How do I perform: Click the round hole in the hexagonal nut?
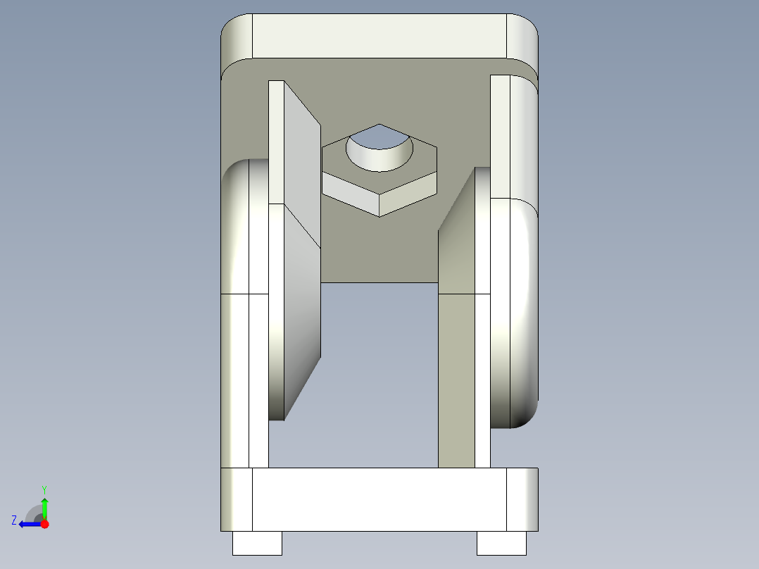point(379,149)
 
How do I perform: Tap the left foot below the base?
point(257,543)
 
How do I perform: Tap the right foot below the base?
point(501,543)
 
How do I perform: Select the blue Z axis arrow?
point(30,524)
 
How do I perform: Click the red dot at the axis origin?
point(44,524)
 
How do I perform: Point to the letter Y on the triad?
point(44,489)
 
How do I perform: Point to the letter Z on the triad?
point(14,520)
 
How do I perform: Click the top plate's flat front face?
point(379,35)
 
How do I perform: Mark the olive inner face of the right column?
point(456,380)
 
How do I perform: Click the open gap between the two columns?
point(379,373)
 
